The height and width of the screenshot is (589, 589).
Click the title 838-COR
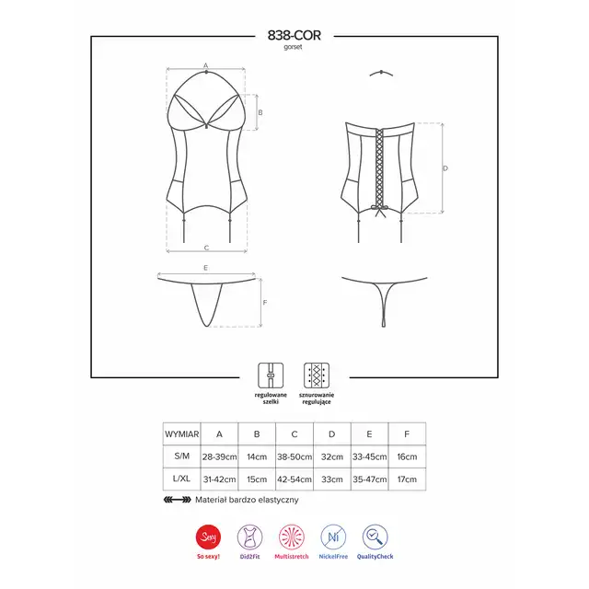pyautogui.click(x=294, y=35)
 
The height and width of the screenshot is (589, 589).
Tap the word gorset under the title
pyautogui.click(x=293, y=47)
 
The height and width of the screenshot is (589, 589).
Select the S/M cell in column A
pyautogui.click(x=219, y=456)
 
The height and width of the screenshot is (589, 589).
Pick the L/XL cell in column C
pyautogui.click(x=294, y=479)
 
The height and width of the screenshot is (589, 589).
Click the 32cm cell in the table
pyautogui.click(x=332, y=456)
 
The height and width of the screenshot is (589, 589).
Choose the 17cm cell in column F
pyautogui.click(x=407, y=479)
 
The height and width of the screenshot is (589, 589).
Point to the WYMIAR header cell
pyautogui.click(x=182, y=434)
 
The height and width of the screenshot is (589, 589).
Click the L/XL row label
pyautogui.click(x=182, y=479)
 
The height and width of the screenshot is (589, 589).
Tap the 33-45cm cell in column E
pyautogui.click(x=370, y=456)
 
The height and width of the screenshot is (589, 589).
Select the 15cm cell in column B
pyautogui.click(x=257, y=479)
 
